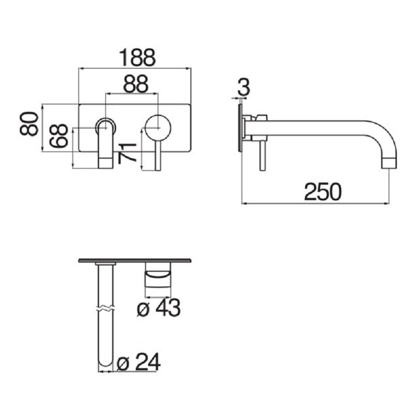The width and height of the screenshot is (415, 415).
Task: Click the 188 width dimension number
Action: (137, 58)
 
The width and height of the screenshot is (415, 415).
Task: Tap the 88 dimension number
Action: (135, 84)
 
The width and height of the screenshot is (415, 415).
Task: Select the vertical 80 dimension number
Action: (29, 123)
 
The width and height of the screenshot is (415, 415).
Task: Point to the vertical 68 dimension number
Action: (59, 135)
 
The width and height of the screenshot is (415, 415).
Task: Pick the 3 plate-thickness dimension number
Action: (243, 88)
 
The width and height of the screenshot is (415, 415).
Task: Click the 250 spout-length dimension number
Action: (323, 192)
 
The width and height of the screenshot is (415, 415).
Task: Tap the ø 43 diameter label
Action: (159, 308)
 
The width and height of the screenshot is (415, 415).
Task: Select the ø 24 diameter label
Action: (139, 362)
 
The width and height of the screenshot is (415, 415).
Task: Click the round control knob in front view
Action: (158, 128)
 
